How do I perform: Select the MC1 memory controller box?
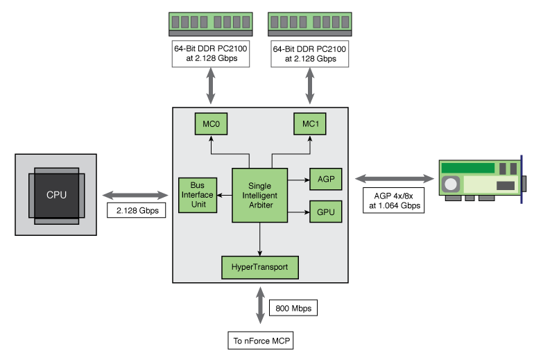(309, 123)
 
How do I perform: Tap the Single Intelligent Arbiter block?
(259, 195)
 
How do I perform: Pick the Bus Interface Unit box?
(197, 195)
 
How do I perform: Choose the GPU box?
(325, 211)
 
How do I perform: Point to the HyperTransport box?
(259, 266)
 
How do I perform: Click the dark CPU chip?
(56, 195)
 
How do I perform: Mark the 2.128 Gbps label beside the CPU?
(137, 209)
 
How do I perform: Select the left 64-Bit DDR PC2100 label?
(211, 54)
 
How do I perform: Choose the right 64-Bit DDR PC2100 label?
(310, 54)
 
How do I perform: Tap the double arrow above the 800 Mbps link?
(260, 304)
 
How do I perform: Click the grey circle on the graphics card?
(452, 185)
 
